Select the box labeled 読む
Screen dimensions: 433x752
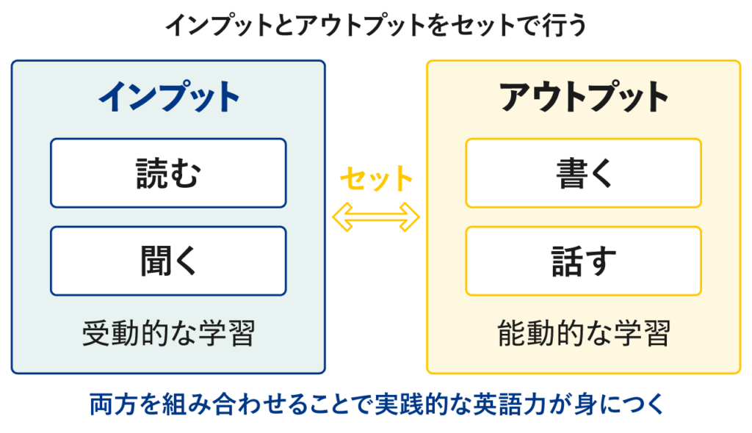point(168,173)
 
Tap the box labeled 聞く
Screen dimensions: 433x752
point(168,261)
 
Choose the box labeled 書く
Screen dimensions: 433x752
point(584,173)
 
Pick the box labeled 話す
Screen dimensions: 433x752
point(584,261)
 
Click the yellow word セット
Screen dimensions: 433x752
point(376,178)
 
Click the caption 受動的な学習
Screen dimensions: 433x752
point(168,335)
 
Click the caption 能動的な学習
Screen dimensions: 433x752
point(584,335)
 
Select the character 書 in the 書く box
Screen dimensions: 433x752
point(569,173)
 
